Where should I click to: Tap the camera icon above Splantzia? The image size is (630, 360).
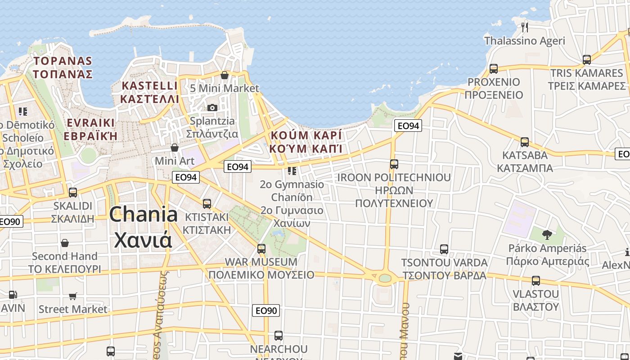click(212, 108)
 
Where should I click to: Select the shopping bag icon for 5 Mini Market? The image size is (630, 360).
click(225, 75)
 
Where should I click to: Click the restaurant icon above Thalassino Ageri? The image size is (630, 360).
click(524, 27)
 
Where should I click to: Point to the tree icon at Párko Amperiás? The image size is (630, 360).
click(547, 234)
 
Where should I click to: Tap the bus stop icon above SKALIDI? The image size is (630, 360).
click(73, 193)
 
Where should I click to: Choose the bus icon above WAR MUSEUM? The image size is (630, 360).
click(261, 248)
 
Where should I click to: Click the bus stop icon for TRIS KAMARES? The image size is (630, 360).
click(586, 59)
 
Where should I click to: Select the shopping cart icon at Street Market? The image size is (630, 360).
click(72, 296)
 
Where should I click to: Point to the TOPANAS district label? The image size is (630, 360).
click(63, 61)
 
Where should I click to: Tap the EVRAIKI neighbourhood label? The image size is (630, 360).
click(90, 123)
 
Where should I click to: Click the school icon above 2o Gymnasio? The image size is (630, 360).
click(292, 171)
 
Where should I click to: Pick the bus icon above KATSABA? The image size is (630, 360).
click(525, 142)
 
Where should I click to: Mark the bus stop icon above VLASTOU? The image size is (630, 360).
click(535, 281)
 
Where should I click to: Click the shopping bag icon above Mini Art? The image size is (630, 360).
click(175, 148)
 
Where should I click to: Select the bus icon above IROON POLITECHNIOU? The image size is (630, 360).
click(394, 164)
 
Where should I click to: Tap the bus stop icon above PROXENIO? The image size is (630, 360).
click(494, 69)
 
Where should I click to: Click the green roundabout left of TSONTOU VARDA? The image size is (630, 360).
click(385, 278)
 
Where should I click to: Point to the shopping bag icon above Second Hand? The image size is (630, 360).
click(65, 243)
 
